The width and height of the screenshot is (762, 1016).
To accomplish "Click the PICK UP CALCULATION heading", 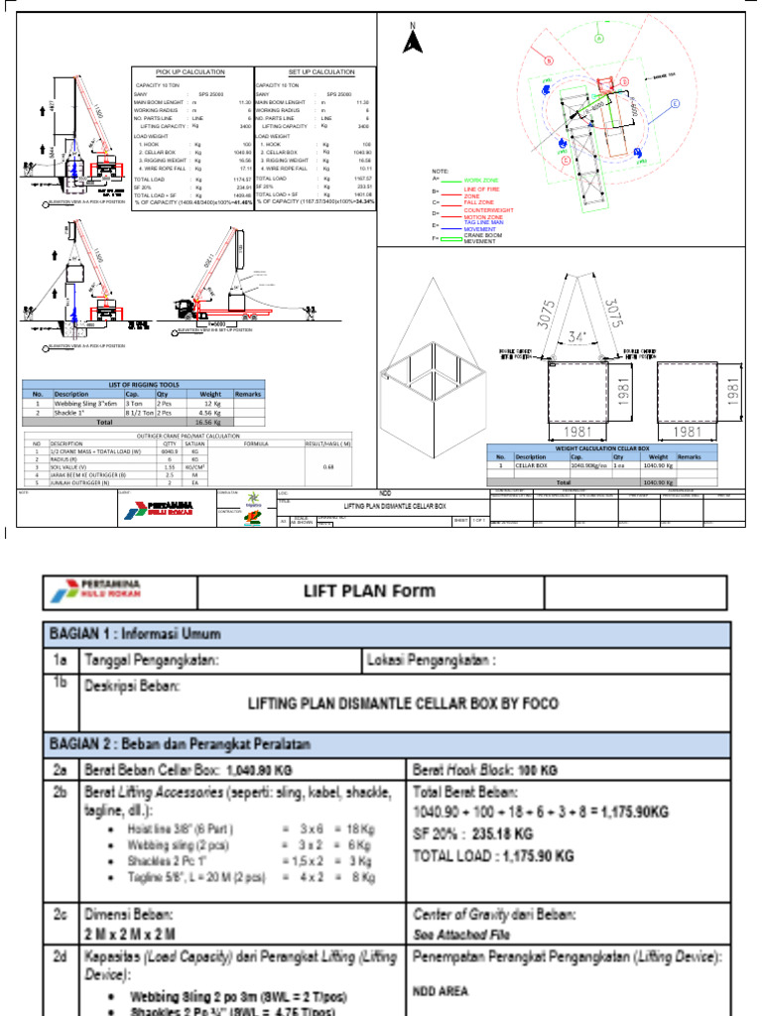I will tap(192, 72).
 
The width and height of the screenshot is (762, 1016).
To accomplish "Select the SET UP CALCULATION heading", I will tap(316, 72).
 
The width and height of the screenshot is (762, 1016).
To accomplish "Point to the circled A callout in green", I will tap(598, 37).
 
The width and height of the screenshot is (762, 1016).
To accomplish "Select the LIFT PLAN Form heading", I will tap(369, 591).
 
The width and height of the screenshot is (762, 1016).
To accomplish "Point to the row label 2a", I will tap(62, 770).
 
